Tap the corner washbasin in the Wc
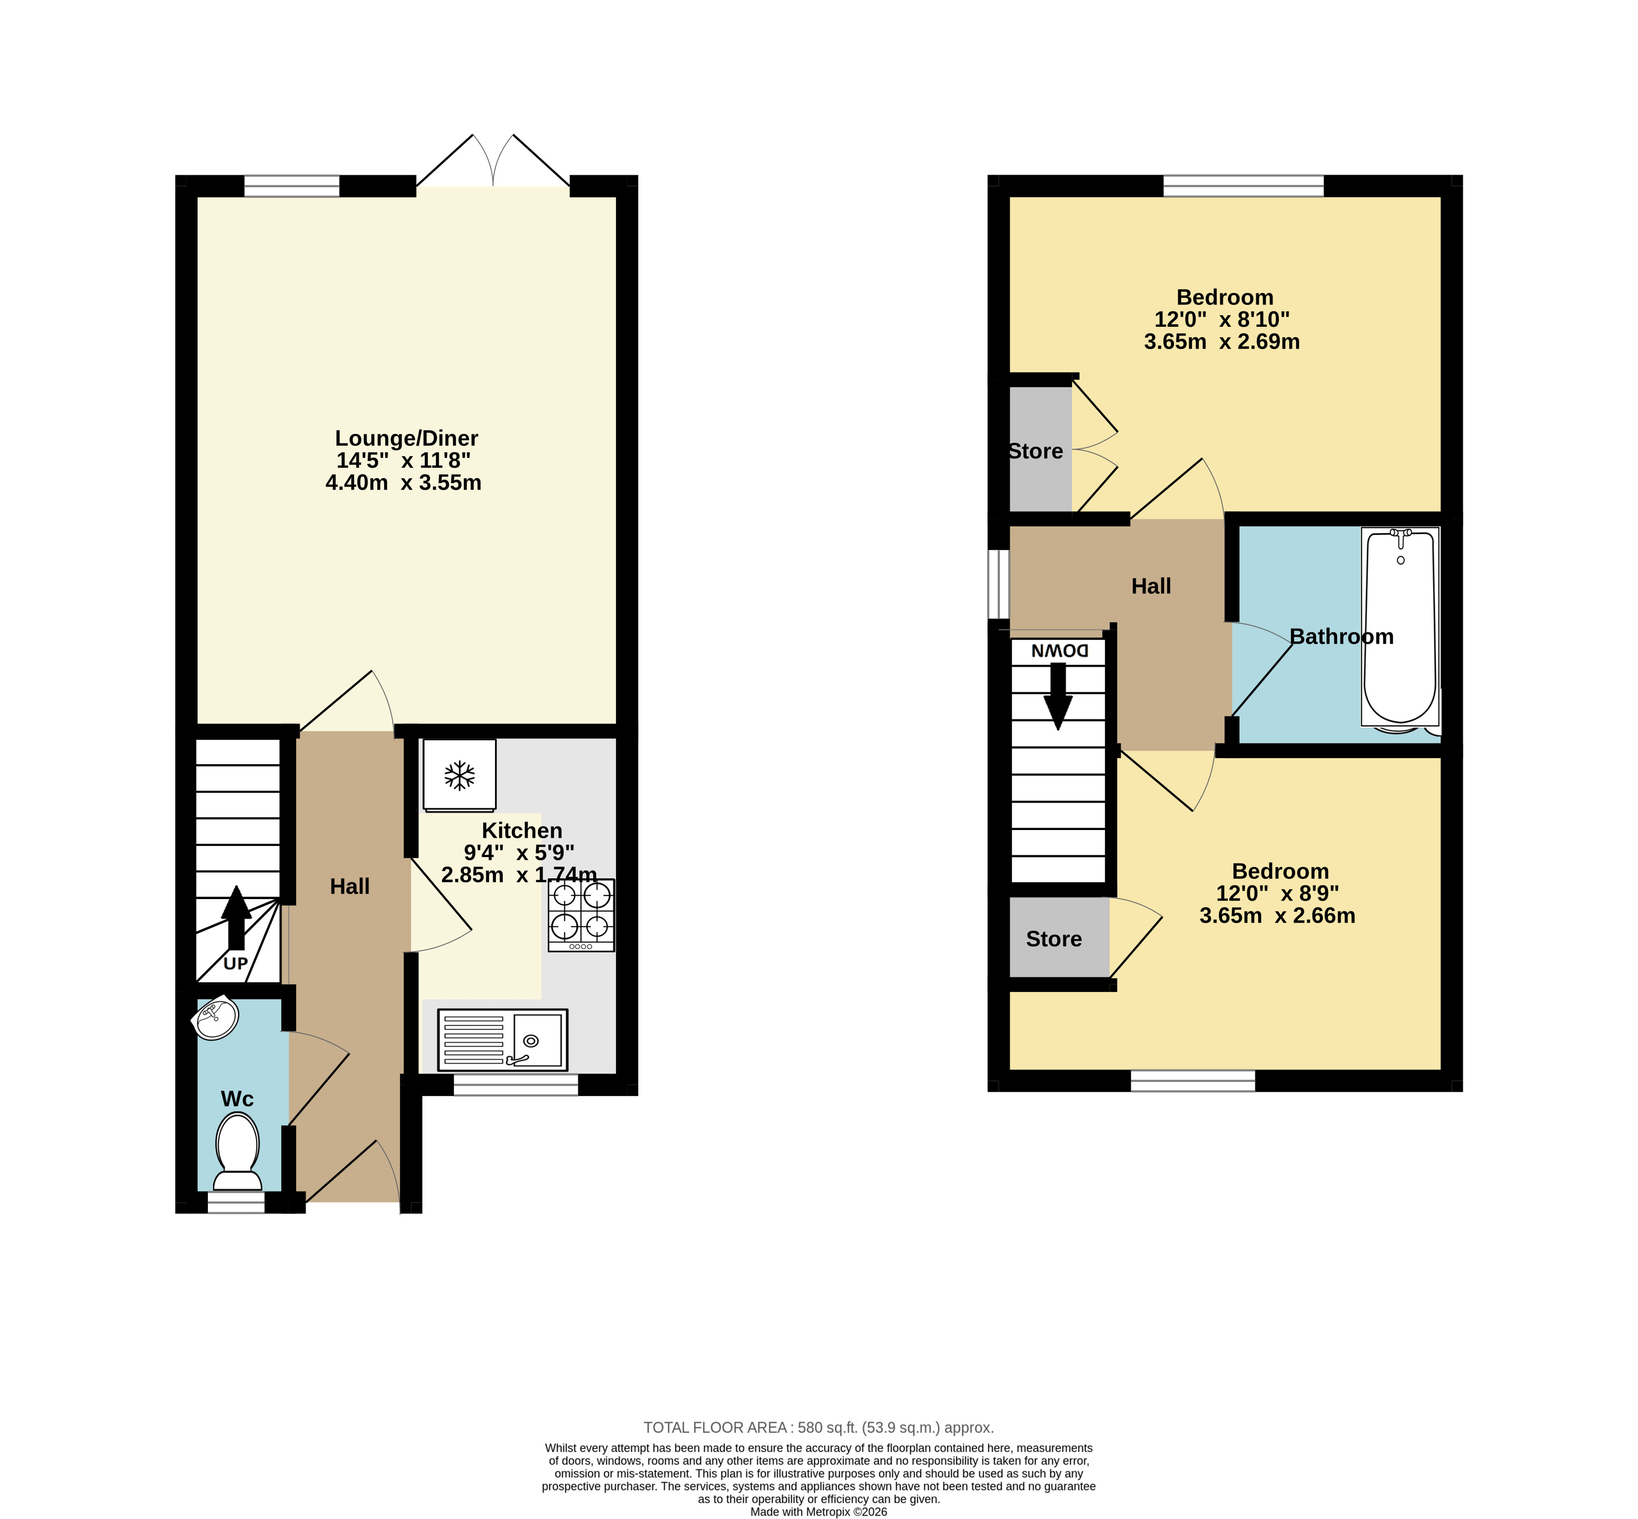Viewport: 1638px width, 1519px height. point(215,1019)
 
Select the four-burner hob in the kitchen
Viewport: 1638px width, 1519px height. point(581,915)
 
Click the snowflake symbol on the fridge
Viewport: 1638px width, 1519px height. point(460,774)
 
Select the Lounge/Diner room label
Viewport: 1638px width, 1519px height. point(406,438)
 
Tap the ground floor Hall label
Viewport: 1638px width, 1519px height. point(349,886)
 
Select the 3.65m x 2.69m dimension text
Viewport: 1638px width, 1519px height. point(1222,342)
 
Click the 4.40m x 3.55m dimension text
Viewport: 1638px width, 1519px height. point(404,483)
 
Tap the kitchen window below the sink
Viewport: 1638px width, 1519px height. point(516,1084)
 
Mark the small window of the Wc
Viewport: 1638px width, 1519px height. point(236,1203)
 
